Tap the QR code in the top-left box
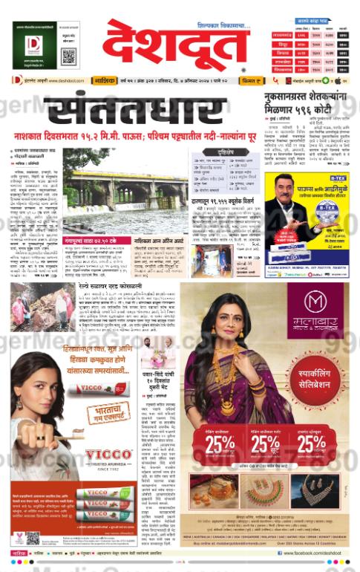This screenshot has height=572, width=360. point(68,55)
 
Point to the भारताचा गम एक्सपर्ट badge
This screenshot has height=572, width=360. point(108,413)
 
